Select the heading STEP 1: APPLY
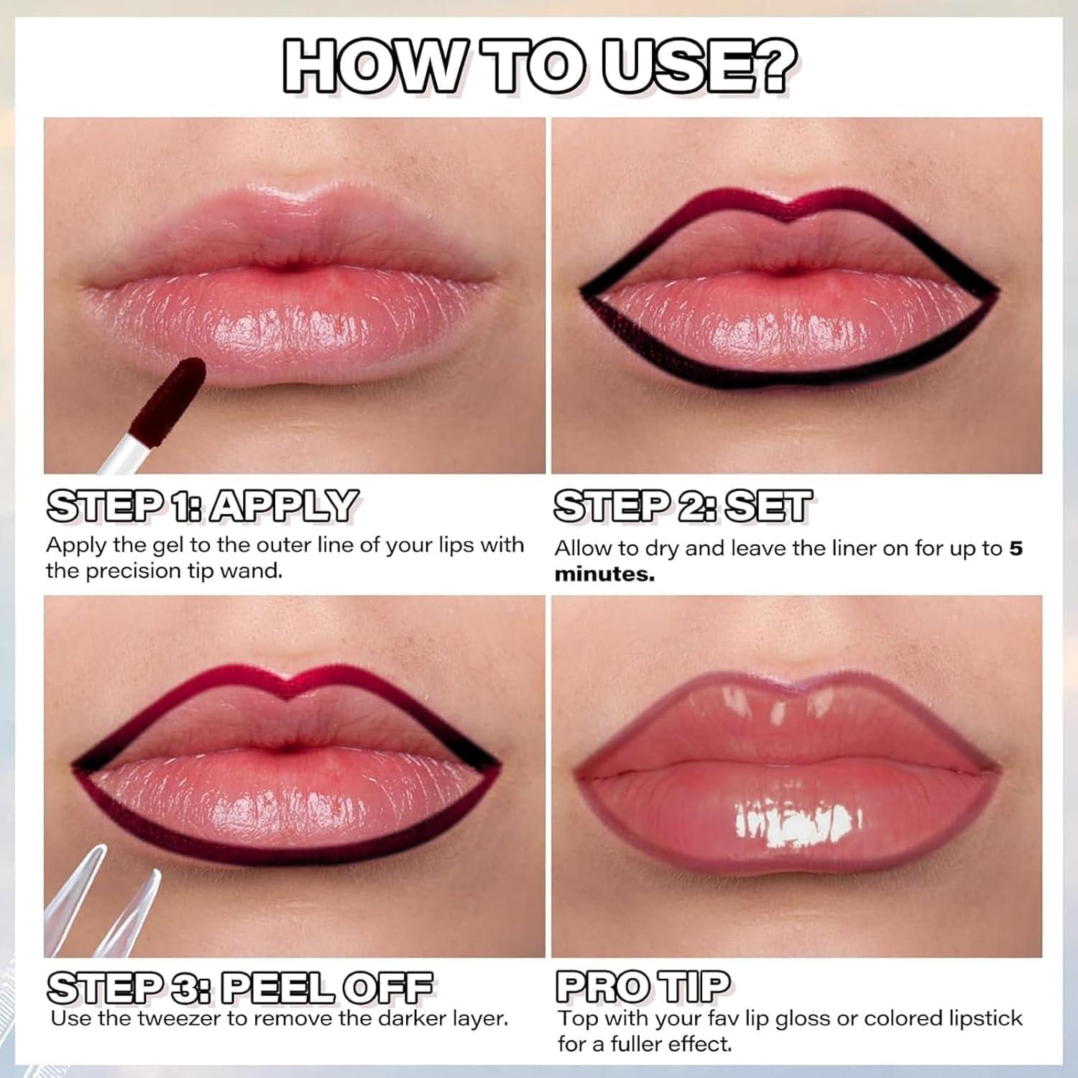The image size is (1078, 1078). [202, 507]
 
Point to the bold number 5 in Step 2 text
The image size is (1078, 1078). [1015, 548]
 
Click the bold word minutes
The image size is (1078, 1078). [604, 575]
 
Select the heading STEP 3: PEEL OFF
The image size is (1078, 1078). [240, 987]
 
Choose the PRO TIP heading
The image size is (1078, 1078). [642, 987]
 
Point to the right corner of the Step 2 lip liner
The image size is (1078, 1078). [995, 293]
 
